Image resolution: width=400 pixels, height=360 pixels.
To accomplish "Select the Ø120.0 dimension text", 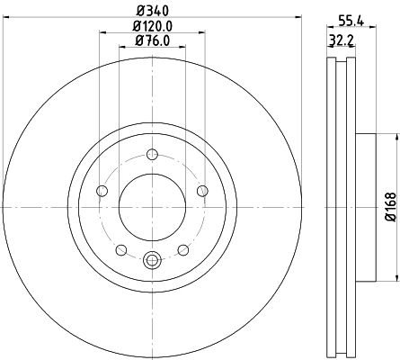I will [x=151, y=27].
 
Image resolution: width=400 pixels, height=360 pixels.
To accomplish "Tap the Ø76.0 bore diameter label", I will [x=151, y=40].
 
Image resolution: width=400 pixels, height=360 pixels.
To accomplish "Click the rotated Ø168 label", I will [x=389, y=208].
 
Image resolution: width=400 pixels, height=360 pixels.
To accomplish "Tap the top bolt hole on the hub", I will [x=151, y=152].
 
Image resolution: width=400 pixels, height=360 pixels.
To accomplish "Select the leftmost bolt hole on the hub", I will [x=101, y=190].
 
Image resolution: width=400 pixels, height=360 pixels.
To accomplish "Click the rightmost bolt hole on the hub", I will [x=201, y=190].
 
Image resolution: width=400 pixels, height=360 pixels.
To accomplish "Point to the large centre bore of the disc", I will [x=151, y=206].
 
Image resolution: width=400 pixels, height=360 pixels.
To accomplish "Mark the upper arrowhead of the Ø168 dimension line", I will [x=395, y=136].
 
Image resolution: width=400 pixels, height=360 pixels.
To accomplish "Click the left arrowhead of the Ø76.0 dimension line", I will [x=120, y=50].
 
